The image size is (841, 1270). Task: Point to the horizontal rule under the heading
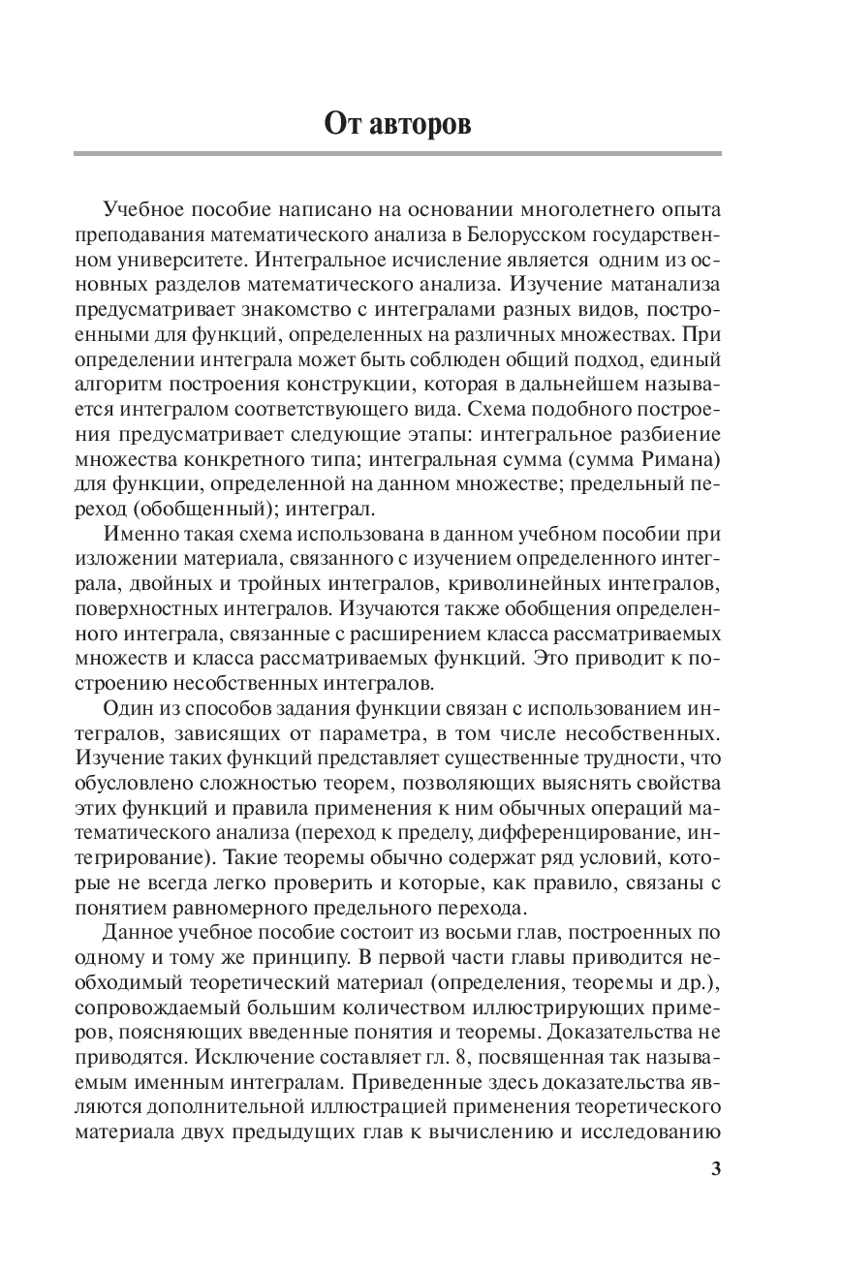pos(398,153)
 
